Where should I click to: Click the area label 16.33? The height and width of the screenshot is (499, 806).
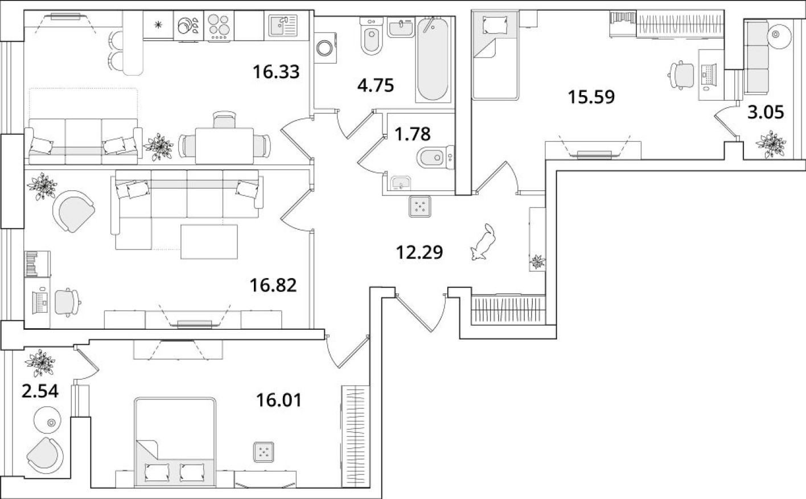(276, 72)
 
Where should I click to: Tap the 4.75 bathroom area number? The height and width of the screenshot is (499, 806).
(375, 85)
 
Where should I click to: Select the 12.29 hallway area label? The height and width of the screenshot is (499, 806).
(419, 251)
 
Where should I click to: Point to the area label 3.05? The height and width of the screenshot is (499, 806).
(765, 112)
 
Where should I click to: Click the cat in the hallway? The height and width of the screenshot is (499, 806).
(482, 242)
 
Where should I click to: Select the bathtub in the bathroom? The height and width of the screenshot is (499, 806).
(434, 60)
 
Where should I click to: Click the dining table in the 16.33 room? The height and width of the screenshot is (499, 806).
(224, 142)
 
